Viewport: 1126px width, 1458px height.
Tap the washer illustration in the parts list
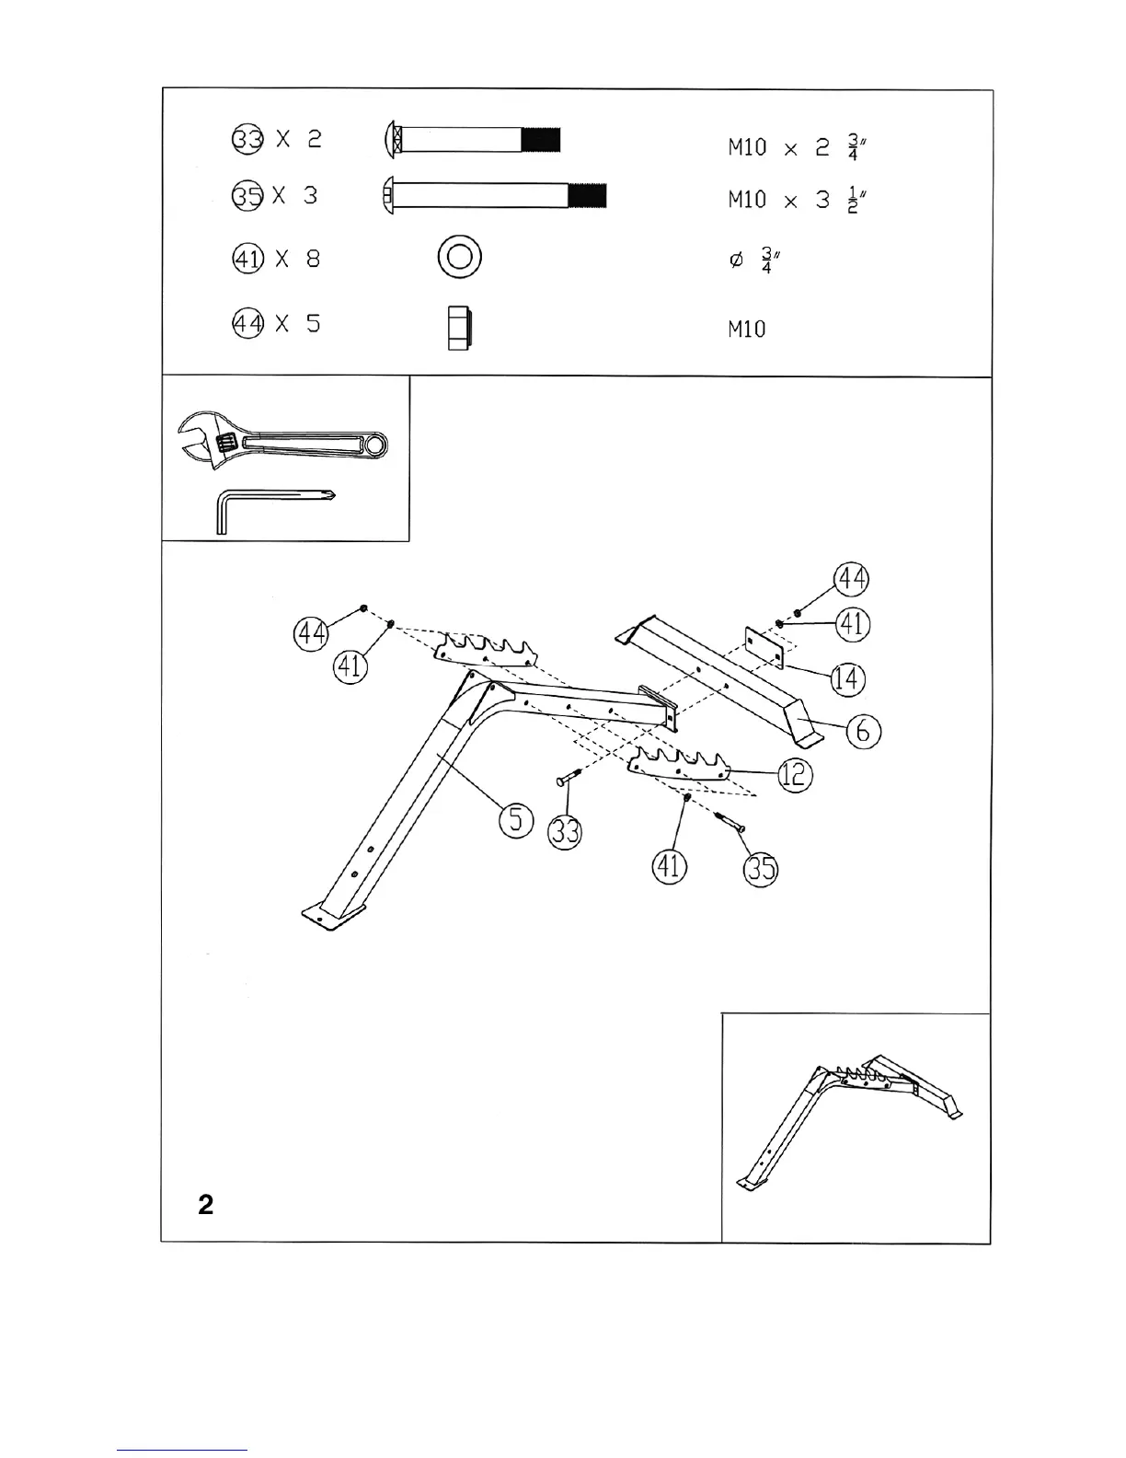(460, 256)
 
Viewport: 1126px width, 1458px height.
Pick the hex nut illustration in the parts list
(459, 327)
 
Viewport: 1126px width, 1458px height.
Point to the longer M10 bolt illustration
(494, 196)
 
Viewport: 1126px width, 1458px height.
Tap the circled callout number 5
(517, 818)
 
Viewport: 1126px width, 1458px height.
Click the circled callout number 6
(864, 732)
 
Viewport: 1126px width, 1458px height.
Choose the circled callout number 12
(796, 775)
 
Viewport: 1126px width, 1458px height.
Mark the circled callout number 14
(848, 679)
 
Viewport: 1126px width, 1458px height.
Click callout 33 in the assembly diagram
(565, 833)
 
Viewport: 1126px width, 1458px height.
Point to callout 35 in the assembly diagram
(761, 868)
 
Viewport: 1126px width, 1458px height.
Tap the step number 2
(206, 1205)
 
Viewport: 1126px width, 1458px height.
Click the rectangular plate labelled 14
(764, 646)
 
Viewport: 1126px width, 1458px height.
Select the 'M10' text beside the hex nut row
(746, 329)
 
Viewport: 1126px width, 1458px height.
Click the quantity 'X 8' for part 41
(297, 259)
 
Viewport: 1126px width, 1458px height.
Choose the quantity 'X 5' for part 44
(297, 324)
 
